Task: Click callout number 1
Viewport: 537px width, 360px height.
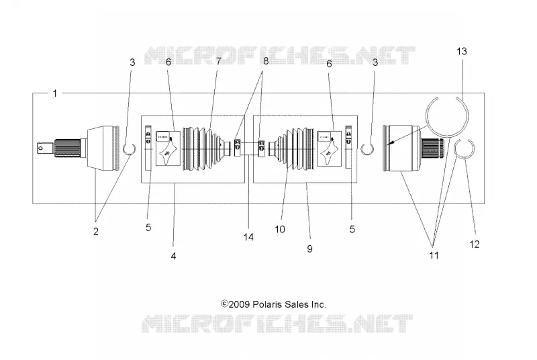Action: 55,93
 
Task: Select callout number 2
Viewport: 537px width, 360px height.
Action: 96,231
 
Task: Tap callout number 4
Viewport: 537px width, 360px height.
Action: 174,256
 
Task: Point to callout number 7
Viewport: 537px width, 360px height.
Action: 219,61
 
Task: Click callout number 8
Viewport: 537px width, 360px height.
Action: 266,60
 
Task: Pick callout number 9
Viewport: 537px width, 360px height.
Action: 310,249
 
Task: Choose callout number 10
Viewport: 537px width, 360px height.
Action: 280,229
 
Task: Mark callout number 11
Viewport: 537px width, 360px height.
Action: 434,255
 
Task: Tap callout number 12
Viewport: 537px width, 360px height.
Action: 475,244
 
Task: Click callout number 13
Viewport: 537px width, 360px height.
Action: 462,51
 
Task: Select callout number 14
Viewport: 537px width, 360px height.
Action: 248,236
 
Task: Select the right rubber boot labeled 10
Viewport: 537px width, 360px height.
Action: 292,149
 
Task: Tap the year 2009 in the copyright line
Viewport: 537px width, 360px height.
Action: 240,304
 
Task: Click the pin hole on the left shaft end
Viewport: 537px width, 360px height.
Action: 41,148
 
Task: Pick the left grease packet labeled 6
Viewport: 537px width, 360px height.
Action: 168,148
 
